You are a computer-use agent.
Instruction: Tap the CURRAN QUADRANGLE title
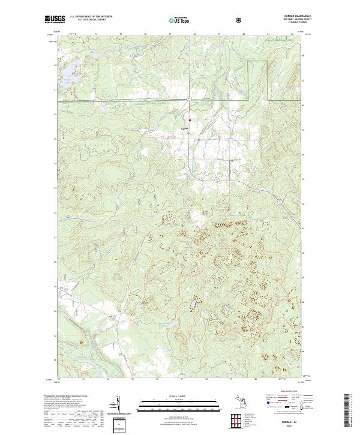[293, 17]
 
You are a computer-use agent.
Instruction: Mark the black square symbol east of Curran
[232, 160]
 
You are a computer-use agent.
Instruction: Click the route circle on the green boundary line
[188, 98]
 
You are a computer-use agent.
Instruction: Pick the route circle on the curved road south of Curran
[212, 179]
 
